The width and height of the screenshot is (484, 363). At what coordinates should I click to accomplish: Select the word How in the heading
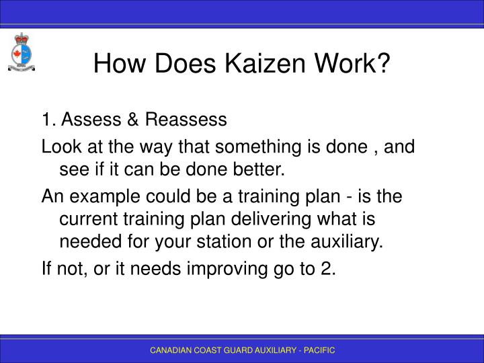click(x=118, y=65)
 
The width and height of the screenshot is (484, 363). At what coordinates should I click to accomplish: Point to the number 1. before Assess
click(x=47, y=120)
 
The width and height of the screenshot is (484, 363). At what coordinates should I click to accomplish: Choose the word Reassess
click(x=177, y=120)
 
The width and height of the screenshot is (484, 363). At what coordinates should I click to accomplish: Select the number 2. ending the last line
click(x=327, y=270)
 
